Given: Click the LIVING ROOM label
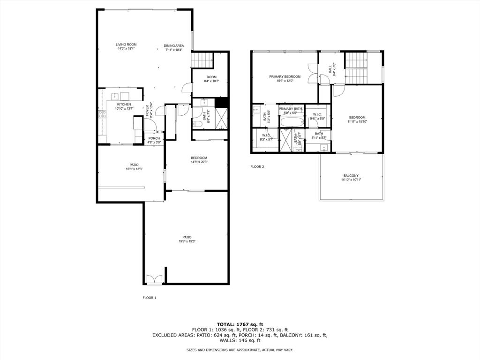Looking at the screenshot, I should coord(126,45).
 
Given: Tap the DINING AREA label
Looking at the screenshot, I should coord(173,46).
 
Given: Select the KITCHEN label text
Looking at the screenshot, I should coord(124,105).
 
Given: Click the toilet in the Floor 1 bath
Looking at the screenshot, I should coord(197,124).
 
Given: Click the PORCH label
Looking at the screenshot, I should coord(154,138).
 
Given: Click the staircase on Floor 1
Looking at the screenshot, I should coord(202,60).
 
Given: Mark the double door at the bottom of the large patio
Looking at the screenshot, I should coord(154,279).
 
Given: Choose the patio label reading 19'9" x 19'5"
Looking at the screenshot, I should coord(187,242).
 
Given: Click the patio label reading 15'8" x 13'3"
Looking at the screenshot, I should coord(134,169).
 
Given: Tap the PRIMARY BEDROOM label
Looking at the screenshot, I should coord(285,76).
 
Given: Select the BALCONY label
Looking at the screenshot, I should coord(351,176).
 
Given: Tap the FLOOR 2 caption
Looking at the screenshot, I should coord(257,166).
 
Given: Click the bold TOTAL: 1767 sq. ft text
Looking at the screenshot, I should coord(240,324).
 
